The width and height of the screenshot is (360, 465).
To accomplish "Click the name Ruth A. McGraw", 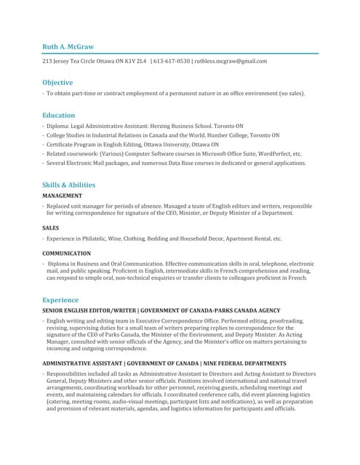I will (68, 46).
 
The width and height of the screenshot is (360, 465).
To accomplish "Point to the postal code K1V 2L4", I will (134, 61).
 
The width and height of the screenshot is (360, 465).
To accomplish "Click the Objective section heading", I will (57, 83).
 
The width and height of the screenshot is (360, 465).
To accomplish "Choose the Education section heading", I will (58, 115).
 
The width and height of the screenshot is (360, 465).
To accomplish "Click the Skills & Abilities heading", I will (68, 185).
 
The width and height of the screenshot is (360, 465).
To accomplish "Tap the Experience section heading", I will (60, 299).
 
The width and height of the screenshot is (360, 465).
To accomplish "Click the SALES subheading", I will (51, 228).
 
